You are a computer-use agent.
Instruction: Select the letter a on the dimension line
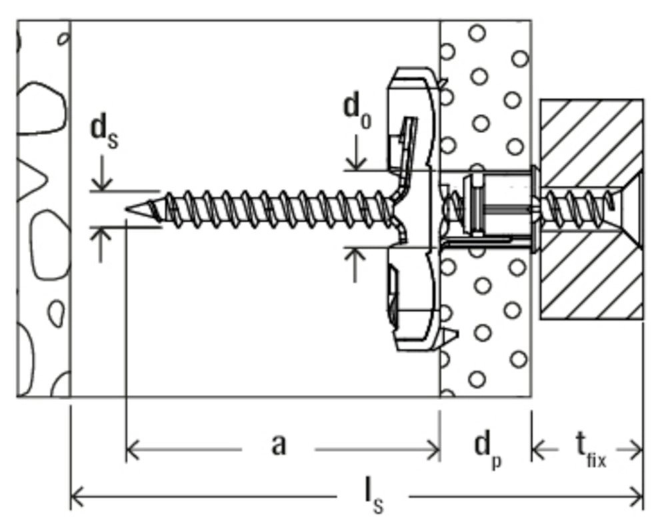pos(279,445)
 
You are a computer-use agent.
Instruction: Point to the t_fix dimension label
pos(589,449)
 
